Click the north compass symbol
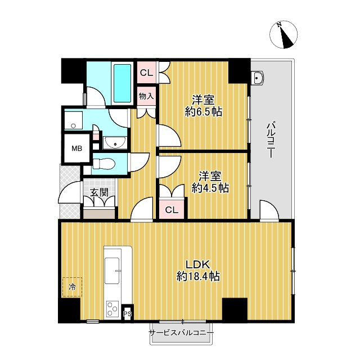pyautogui.click(x=283, y=34)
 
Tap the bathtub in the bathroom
pyautogui.click(x=123, y=83)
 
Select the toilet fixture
pyautogui.click(x=103, y=164)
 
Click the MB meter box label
pyautogui.click(x=76, y=148)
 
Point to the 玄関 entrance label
pyautogui.click(x=99, y=192)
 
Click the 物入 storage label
pyautogui.click(x=146, y=96)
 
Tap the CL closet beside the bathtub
pyautogui.click(x=146, y=73)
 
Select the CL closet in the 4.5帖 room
pyautogui.click(x=172, y=209)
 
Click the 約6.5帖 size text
pyautogui.click(x=204, y=112)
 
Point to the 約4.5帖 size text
pyautogui.click(x=210, y=188)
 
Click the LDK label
pyautogui.click(x=198, y=265)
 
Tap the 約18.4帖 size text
pyautogui.click(x=198, y=276)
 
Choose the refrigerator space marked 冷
pyautogui.click(x=72, y=287)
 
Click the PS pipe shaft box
pyautogui.click(x=128, y=314)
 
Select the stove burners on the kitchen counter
pyautogui.click(x=112, y=309)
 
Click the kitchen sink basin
pyautogui.click(x=112, y=271)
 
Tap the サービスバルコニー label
pyautogui.click(x=181, y=332)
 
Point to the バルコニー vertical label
pyautogui.click(x=271, y=140)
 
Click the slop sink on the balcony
pyautogui.click(x=258, y=78)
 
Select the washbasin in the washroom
pyautogui.click(x=115, y=143)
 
